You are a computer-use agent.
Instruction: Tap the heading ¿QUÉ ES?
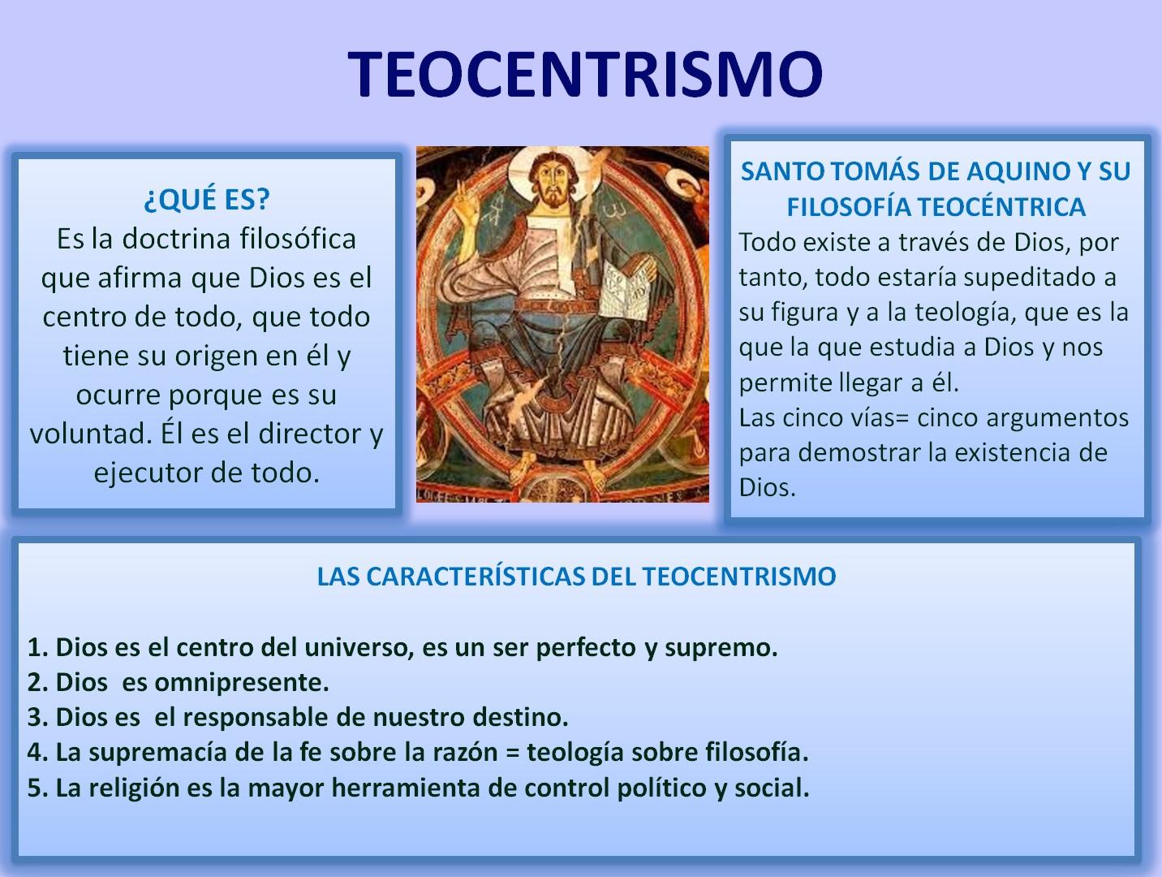click(x=206, y=199)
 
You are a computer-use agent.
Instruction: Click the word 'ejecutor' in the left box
click(x=144, y=473)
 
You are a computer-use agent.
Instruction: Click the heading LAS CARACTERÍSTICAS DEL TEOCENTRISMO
click(x=576, y=577)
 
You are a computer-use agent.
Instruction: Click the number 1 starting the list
click(x=34, y=648)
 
